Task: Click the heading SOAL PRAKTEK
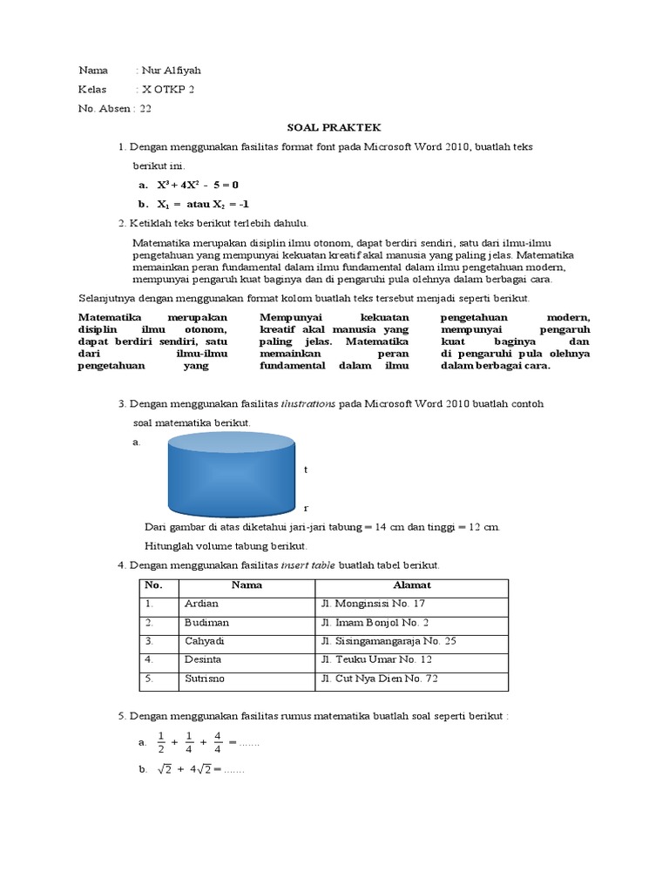334,127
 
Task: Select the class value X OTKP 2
167,90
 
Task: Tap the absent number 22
145,109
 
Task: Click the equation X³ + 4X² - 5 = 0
198,186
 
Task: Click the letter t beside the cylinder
306,470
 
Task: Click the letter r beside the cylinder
306,507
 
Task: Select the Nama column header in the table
247,585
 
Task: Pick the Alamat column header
411,585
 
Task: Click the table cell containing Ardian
201,604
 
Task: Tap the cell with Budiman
206,623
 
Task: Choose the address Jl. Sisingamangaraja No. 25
389,641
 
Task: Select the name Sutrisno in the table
205,679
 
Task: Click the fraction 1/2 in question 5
159,742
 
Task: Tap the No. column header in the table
153,585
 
